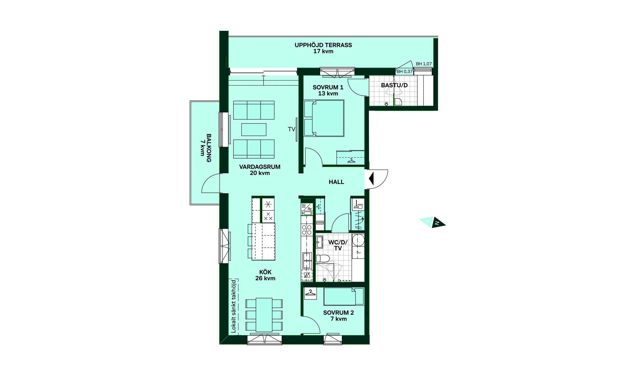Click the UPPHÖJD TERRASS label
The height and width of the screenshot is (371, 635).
323,48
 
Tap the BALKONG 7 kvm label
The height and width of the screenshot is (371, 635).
206,148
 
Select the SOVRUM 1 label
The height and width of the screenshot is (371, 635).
328,90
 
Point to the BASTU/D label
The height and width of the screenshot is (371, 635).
394,85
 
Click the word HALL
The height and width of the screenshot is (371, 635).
336,182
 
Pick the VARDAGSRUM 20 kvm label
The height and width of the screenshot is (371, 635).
260,170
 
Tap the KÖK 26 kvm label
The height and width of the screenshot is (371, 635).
265,275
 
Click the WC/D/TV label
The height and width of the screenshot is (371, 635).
338,245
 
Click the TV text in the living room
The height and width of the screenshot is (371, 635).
291,129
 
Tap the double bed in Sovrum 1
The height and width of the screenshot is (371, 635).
324,118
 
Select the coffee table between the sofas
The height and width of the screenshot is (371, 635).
254,130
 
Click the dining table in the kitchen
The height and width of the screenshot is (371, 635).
264,315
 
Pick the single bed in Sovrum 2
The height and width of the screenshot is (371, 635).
344,296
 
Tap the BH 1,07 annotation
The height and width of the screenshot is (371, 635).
424,64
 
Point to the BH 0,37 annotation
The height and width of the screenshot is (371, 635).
404,71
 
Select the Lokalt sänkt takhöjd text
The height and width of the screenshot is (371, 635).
234,306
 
